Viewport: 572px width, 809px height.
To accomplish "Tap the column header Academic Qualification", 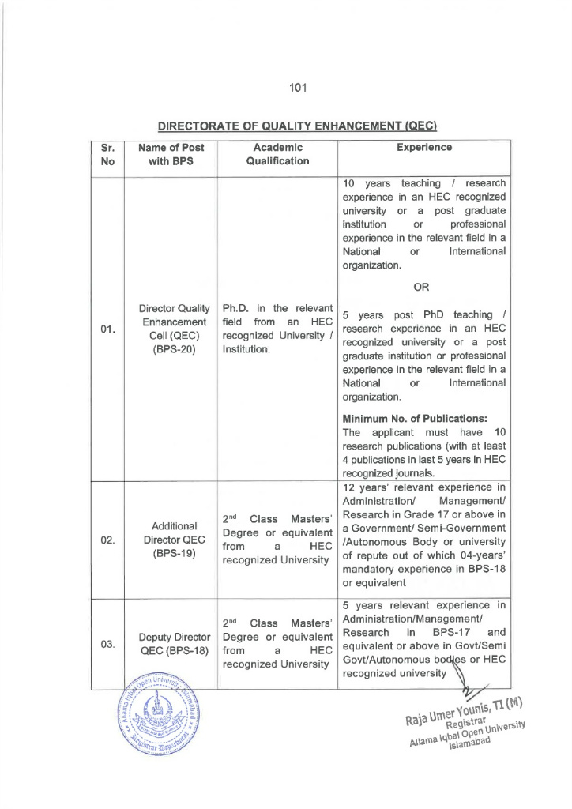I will click(277, 154).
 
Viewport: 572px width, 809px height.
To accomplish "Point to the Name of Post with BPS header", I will click(171, 154).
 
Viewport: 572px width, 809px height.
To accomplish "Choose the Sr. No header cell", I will click(108, 154).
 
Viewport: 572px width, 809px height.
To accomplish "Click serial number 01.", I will click(108, 329).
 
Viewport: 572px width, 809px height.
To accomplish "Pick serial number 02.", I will click(108, 541).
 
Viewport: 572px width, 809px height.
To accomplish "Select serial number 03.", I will click(108, 644).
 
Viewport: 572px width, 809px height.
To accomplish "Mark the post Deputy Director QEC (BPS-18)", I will click(174, 644).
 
